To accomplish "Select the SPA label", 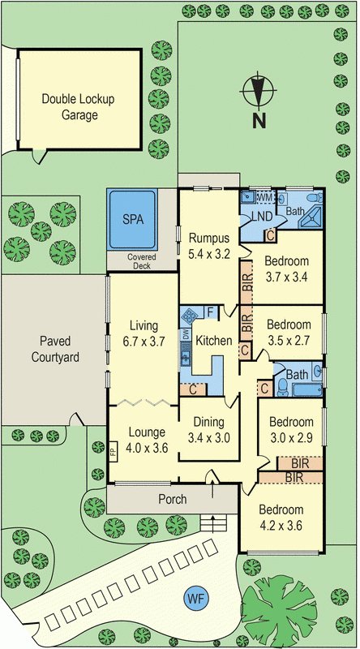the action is pyautogui.click(x=133, y=219).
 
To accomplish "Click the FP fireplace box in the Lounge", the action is pyautogui.click(x=113, y=449).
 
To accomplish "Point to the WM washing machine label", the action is pyautogui.click(x=265, y=198).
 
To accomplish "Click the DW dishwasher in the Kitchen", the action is pyautogui.click(x=185, y=334).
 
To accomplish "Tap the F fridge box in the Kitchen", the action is pyautogui.click(x=210, y=312).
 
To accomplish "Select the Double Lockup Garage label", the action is pyautogui.click(x=79, y=107).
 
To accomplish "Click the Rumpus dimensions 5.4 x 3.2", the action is pyautogui.click(x=209, y=254).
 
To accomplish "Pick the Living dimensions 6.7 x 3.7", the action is pyautogui.click(x=144, y=342).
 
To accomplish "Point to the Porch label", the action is pyautogui.click(x=173, y=499).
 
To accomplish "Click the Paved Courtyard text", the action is pyautogui.click(x=55, y=349).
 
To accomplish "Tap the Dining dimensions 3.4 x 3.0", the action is pyautogui.click(x=209, y=437).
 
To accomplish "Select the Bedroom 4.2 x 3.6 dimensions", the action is pyautogui.click(x=281, y=526).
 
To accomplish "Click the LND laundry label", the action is pyautogui.click(x=262, y=217).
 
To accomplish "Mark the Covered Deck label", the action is pyautogui.click(x=139, y=261).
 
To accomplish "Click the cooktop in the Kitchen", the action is pyautogui.click(x=190, y=316).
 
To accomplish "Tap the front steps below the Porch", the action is pyautogui.click(x=213, y=523).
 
